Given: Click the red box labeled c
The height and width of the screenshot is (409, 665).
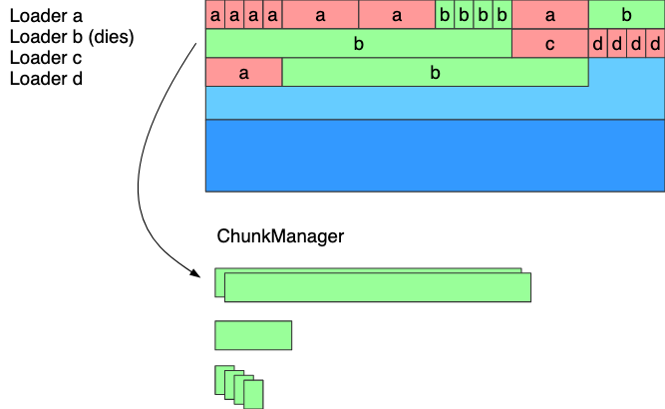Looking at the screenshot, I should tap(549, 44).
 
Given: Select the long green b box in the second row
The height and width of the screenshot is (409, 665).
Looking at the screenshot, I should tap(359, 44).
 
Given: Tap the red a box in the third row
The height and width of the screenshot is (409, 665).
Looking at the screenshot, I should tap(243, 73).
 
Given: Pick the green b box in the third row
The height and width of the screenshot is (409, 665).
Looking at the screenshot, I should tap(435, 73).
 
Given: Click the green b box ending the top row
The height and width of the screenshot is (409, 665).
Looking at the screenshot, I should tap(626, 15).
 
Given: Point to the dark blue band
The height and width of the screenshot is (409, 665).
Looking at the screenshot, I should tap(435, 155).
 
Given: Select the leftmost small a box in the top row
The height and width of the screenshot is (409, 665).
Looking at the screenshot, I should tap(215, 15).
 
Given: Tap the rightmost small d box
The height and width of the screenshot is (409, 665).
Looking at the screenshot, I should tap(655, 44).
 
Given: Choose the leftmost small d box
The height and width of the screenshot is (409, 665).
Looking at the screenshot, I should tap(597, 44).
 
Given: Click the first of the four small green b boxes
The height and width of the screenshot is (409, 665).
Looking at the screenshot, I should tap(445, 15).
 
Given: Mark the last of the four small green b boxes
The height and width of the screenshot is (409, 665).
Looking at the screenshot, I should tap(501, 15).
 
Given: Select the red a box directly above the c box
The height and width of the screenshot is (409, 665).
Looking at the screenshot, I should tap(549, 15).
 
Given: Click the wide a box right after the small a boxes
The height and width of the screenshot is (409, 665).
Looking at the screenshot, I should tap(320, 15).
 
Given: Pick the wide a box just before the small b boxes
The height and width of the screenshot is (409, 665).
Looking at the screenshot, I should tap(397, 15).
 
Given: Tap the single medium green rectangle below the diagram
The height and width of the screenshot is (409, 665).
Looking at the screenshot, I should tap(253, 335).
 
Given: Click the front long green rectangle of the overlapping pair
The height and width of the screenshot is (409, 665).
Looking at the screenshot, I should tap(378, 287).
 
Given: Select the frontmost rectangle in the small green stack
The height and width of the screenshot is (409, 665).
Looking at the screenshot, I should tap(254, 395).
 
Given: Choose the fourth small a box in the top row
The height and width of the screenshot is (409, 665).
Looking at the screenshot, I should tap(272, 15).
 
